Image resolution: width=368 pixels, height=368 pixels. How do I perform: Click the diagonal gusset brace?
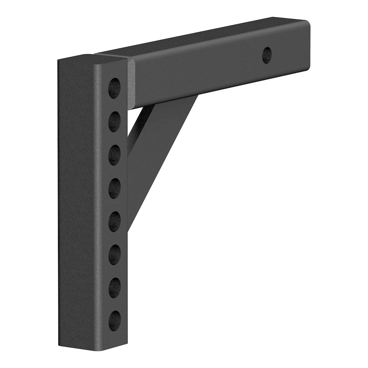(x=160, y=150)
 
